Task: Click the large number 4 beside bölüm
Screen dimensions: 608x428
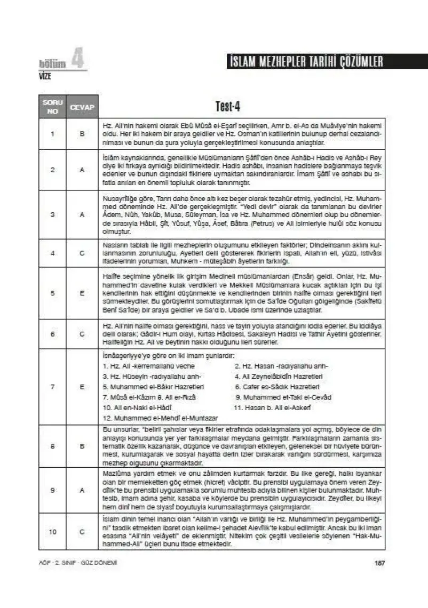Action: pyautogui.click(x=78, y=60)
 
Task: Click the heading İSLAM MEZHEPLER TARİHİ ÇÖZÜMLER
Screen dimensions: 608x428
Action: pyautogui.click(x=304, y=61)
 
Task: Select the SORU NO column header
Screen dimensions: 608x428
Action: pyautogui.click(x=53, y=107)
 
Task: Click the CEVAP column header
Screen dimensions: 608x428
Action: pyautogui.click(x=82, y=107)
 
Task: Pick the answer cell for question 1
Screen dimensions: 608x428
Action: pyautogui.click(x=82, y=134)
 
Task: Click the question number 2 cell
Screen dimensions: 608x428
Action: pyautogui.click(x=53, y=170)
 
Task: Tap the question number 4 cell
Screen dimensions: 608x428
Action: pyautogui.click(x=53, y=253)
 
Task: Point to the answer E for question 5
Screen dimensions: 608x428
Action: pyautogui.click(x=82, y=292)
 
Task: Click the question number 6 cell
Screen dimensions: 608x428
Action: pyautogui.click(x=53, y=333)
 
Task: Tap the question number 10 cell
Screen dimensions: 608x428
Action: pyautogui.click(x=53, y=531)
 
